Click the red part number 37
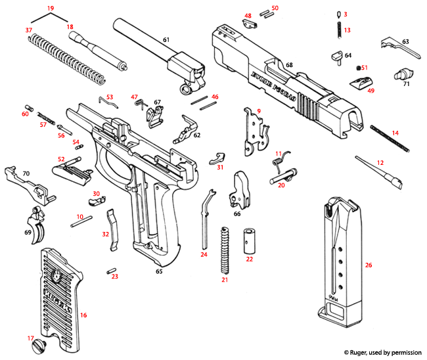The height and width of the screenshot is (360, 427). point(28,31)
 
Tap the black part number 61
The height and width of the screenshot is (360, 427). point(166,40)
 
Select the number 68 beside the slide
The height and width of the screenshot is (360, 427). point(288,64)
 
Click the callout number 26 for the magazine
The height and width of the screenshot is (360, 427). point(368,265)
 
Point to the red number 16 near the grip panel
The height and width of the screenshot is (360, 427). point(83,315)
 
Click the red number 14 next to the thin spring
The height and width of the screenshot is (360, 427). point(395,133)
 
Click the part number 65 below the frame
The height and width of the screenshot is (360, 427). point(159,271)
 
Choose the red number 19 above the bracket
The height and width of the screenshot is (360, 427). point(49,8)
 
